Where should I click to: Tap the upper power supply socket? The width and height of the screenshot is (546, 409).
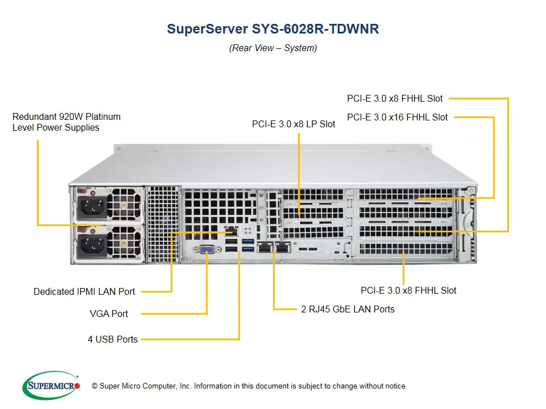pos(90,207)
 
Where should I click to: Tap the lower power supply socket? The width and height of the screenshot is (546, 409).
pos(90,245)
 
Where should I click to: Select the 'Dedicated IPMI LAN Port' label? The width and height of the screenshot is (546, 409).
pos(84,291)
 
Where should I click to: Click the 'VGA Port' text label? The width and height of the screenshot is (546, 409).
pos(109,314)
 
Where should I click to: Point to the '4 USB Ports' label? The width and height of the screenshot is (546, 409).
pos(113,339)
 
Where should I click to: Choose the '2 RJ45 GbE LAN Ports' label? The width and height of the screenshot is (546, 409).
pos(348,309)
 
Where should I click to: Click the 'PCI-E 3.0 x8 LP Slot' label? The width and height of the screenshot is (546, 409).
pos(293,123)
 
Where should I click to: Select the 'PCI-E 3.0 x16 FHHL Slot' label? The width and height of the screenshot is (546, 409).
pos(397,117)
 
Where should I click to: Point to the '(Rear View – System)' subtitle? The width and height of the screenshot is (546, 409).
pos(273,48)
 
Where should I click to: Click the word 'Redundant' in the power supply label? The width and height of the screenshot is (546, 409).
pos(35,116)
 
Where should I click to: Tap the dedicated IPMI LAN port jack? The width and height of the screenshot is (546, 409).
pos(231,232)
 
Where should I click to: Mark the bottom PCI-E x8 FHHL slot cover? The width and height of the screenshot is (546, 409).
pos(403,249)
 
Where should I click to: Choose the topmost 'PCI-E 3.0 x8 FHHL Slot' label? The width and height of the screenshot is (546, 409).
pos(395,98)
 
